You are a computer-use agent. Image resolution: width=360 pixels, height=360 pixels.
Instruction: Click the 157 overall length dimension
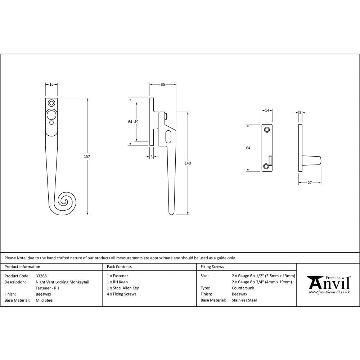pyautogui.click(x=87, y=157)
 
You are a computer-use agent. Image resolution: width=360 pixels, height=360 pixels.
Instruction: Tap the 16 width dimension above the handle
pyautogui.click(x=51, y=84)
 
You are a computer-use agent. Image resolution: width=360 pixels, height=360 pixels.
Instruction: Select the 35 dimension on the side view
pyautogui.click(x=163, y=84)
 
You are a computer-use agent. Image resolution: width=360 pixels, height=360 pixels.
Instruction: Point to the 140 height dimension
pyautogui.click(x=188, y=163)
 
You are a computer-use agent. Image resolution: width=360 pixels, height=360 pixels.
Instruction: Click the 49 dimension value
pyautogui.click(x=136, y=122)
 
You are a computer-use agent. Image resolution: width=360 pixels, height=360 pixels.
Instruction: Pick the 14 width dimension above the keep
pyautogui.click(x=267, y=111)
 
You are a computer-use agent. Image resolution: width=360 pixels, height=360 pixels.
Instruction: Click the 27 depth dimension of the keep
pyautogui.click(x=310, y=183)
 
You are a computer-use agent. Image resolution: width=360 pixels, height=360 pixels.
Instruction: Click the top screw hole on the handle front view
pyautogui.click(x=51, y=103)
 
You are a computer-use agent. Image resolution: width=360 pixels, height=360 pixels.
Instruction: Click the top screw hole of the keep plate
pyautogui.click(x=266, y=130)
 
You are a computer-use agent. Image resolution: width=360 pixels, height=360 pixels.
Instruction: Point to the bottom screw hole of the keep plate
pyautogui.click(x=266, y=166)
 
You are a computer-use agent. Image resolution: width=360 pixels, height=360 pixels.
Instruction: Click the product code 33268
pyautogui.click(x=41, y=276)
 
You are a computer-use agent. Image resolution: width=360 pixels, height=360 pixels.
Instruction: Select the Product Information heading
pyautogui.click(x=22, y=267)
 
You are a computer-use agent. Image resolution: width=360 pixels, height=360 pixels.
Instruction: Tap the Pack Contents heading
pyautogui.click(x=119, y=267)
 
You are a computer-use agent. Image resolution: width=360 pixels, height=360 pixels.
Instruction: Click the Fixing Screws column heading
pyautogui.click(x=212, y=267)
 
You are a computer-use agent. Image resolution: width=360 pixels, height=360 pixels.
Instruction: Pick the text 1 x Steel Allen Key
pyautogui.click(x=123, y=288)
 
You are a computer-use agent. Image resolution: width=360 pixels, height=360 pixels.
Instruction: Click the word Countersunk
pyautogui.click(x=243, y=288)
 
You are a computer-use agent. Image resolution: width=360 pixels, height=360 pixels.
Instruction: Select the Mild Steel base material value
pyautogui.click(x=45, y=300)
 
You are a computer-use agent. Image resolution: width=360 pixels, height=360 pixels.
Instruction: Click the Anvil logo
pyautogui.click(x=328, y=284)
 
